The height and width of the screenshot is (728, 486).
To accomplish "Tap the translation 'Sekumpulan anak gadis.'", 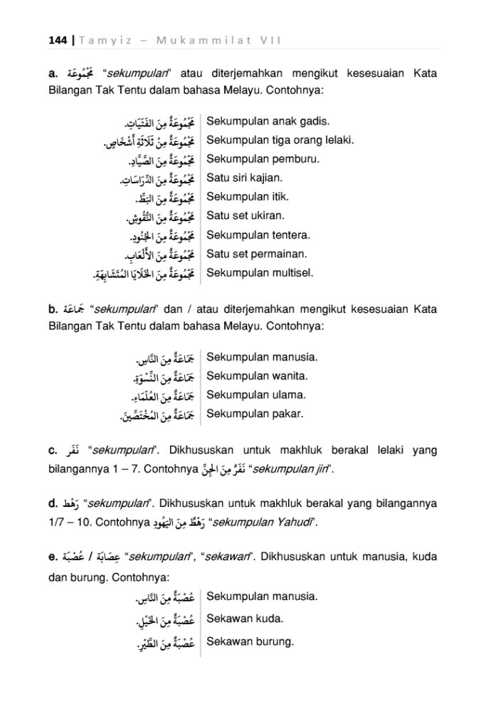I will [x=258, y=122].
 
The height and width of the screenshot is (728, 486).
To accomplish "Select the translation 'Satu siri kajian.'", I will [x=244, y=178].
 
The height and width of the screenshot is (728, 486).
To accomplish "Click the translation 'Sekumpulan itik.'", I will [x=242, y=197].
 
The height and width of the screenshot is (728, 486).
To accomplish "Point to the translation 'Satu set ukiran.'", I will [x=245, y=215].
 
